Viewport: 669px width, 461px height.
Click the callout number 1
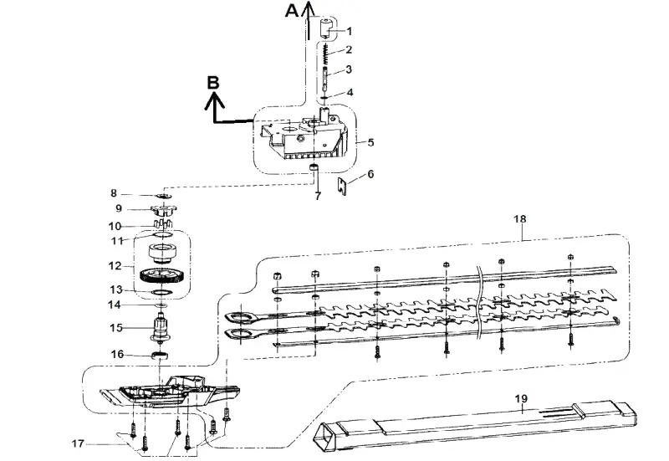coord(350,31)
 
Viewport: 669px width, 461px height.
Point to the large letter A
coord(292,10)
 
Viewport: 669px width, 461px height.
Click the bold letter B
coord(213,82)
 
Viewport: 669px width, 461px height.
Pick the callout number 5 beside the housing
coord(370,142)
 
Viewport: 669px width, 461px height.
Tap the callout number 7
coord(318,197)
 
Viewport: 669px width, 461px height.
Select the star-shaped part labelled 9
coord(164,211)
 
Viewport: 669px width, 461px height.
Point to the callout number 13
coord(116,289)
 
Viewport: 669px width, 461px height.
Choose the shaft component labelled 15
coord(161,327)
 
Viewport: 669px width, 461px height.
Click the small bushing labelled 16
coord(160,354)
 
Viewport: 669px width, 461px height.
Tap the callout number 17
coord(78,444)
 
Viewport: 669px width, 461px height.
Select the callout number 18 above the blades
coord(519,219)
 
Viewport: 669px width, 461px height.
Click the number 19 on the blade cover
coord(521,399)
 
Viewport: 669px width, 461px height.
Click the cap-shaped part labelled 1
coord(326,28)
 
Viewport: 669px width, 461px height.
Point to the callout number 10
coord(115,226)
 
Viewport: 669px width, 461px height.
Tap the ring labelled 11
coord(162,235)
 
